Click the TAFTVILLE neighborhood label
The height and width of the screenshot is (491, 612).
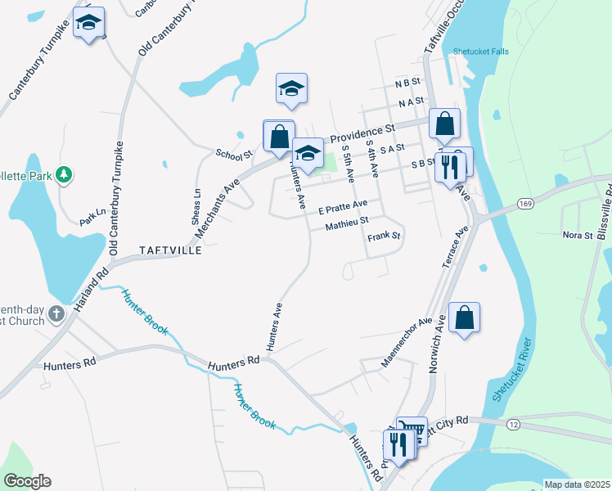tap(169, 250)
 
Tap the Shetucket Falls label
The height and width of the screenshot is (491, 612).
tap(480, 52)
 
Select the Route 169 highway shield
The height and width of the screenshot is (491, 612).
tap(525, 203)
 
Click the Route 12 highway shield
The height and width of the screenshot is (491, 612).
tap(513, 424)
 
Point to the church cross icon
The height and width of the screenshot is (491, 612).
tap(56, 313)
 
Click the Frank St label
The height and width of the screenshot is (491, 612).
tap(384, 236)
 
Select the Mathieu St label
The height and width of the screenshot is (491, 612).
tap(347, 221)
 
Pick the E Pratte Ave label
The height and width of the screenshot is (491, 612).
tap(343, 207)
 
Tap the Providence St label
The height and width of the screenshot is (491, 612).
tap(362, 133)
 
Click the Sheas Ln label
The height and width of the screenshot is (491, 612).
tap(196, 203)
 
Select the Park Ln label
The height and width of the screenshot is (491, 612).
tap(92, 216)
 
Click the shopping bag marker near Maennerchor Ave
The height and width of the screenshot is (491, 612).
tap(464, 318)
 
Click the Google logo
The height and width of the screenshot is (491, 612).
tap(27, 481)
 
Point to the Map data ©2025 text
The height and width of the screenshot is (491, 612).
tap(578, 484)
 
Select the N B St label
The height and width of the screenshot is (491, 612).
tap(407, 83)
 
